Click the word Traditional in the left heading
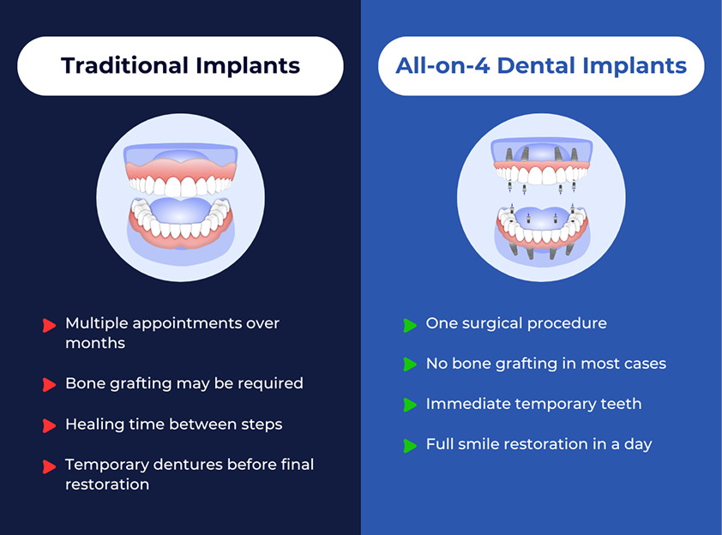[x=124, y=65]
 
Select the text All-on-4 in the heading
[x=442, y=65]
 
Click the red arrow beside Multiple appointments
[x=49, y=325]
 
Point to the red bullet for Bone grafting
[x=49, y=384]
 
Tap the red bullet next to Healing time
[x=49, y=425]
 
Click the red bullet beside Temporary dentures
[x=49, y=466]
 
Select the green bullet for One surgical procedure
[x=410, y=325]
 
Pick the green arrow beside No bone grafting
[x=410, y=364]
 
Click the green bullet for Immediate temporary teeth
[x=410, y=405]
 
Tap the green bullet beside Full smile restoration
[x=410, y=445]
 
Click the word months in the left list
[x=95, y=343]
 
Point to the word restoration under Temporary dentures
[x=107, y=484]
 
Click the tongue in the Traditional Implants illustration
[x=180, y=211]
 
